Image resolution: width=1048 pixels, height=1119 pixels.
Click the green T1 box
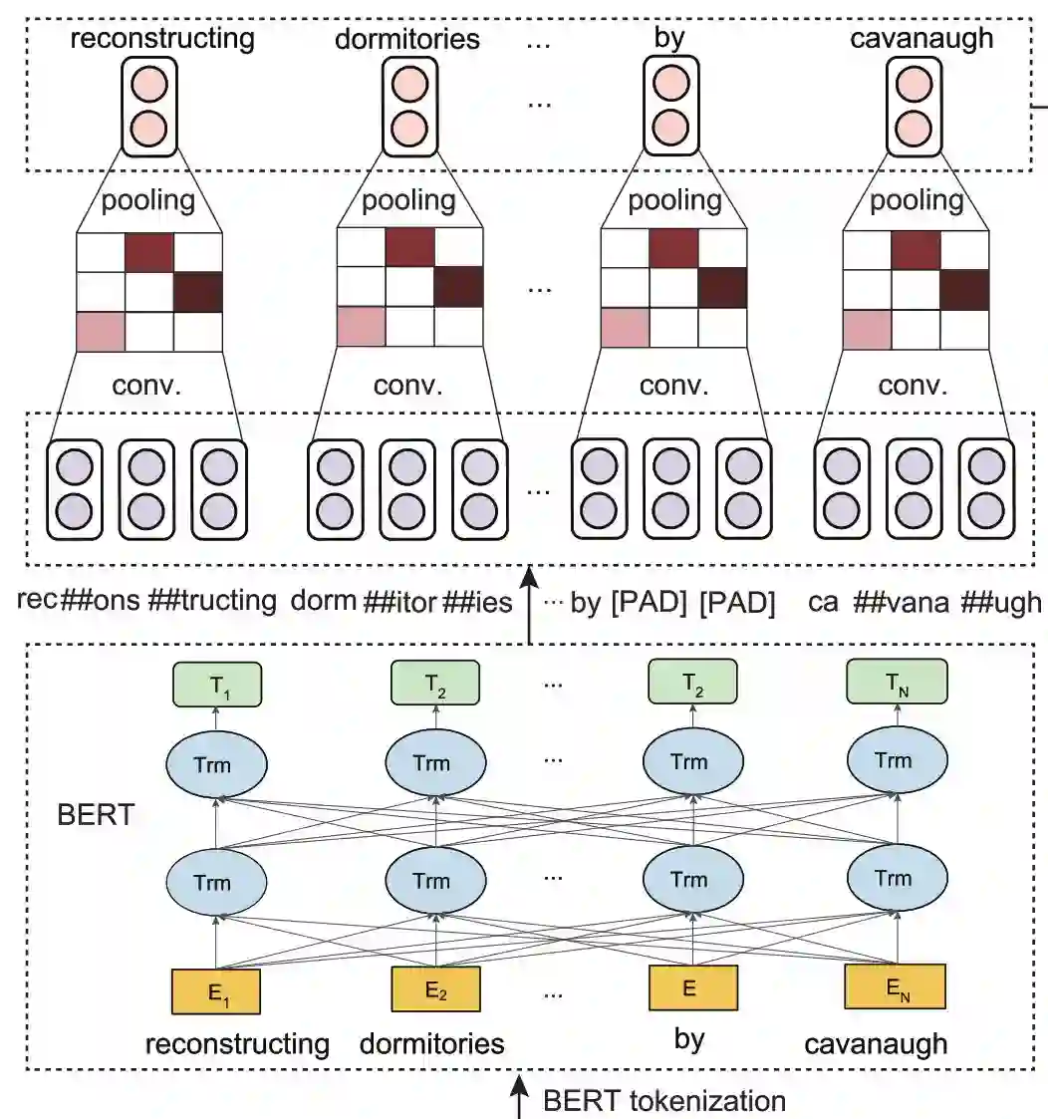215,687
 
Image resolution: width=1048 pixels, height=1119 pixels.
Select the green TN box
896,686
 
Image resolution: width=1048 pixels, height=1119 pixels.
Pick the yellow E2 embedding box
435,989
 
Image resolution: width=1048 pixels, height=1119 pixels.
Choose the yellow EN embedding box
894,987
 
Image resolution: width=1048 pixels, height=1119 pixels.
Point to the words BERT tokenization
664,1100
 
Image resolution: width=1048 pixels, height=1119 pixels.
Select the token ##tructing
211,601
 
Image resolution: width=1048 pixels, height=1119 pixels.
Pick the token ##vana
901,602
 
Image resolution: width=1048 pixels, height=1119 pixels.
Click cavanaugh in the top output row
921,39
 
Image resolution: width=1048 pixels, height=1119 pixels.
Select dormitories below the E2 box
431,1044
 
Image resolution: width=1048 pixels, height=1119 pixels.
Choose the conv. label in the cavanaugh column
916,386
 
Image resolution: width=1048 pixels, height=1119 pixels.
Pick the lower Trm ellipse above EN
893,878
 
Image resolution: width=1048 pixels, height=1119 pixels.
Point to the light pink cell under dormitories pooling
362,328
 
